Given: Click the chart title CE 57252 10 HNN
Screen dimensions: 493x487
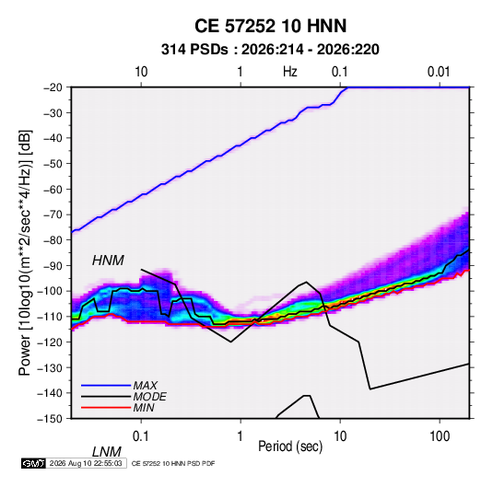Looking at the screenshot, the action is (x=270, y=26).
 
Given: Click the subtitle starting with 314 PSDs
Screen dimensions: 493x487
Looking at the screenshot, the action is (x=270, y=50).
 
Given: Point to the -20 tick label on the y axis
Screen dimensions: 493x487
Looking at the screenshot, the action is (x=53, y=87).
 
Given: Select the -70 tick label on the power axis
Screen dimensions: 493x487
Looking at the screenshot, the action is (x=53, y=215).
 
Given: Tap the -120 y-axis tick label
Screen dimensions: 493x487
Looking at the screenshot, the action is (x=50, y=342).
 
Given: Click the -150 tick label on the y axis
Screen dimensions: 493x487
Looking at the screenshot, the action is (x=50, y=419).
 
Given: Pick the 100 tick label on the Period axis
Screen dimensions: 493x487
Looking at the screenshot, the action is (x=440, y=436).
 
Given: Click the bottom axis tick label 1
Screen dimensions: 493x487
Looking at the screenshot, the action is (x=241, y=436).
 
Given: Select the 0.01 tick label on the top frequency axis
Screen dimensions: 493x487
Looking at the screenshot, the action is (x=439, y=72).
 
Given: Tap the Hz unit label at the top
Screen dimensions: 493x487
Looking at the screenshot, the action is (x=290, y=72).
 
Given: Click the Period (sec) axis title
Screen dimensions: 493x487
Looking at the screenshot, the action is (x=290, y=446).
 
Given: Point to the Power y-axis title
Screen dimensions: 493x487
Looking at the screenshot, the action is (x=26, y=253).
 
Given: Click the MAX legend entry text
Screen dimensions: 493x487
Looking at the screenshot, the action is (x=146, y=386).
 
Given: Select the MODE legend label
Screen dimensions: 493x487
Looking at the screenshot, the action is (x=149, y=397).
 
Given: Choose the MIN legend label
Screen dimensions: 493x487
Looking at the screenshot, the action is (x=144, y=408).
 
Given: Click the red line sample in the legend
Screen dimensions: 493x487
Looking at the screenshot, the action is (x=106, y=408).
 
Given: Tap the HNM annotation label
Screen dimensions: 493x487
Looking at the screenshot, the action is (x=108, y=261).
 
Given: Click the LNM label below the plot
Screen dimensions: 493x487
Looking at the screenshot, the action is (x=106, y=452).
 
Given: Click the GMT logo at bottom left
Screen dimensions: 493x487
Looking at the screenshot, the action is (x=34, y=463).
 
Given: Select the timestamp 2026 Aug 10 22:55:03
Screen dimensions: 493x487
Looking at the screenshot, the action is (x=86, y=463).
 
